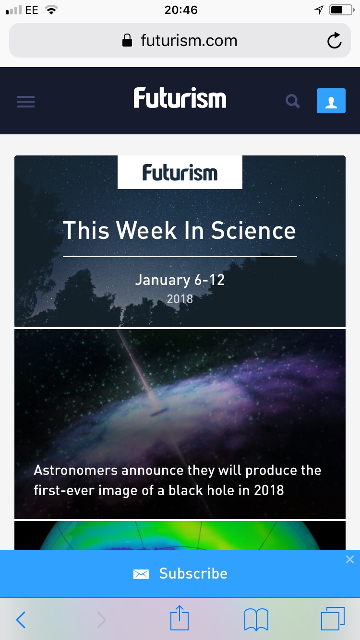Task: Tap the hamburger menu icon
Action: (x=26, y=102)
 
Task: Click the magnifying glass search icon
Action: (x=292, y=101)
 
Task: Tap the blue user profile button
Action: (x=331, y=101)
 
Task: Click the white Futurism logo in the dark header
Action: (x=180, y=98)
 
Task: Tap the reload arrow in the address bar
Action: (x=334, y=40)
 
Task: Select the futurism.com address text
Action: (x=189, y=41)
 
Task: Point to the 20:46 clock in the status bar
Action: (x=181, y=10)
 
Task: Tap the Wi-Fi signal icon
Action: (x=51, y=10)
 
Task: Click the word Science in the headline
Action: (x=253, y=230)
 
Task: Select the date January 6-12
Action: (x=180, y=280)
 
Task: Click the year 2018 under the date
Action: (x=180, y=299)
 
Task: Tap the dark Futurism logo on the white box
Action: (x=180, y=172)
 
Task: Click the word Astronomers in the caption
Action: (x=75, y=470)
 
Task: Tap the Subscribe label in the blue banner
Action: (x=193, y=573)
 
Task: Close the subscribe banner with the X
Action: (x=350, y=559)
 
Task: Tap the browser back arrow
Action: (x=21, y=620)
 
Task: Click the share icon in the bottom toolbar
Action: (x=180, y=617)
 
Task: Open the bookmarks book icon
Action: (x=256, y=619)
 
